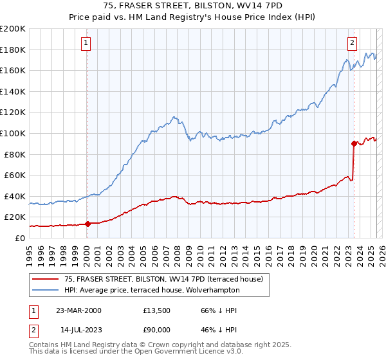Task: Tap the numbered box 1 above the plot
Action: [x=86, y=43]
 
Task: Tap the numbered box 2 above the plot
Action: [x=353, y=43]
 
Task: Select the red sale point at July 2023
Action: [x=354, y=143]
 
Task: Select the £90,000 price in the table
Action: [x=158, y=330]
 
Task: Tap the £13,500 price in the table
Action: [x=158, y=310]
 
